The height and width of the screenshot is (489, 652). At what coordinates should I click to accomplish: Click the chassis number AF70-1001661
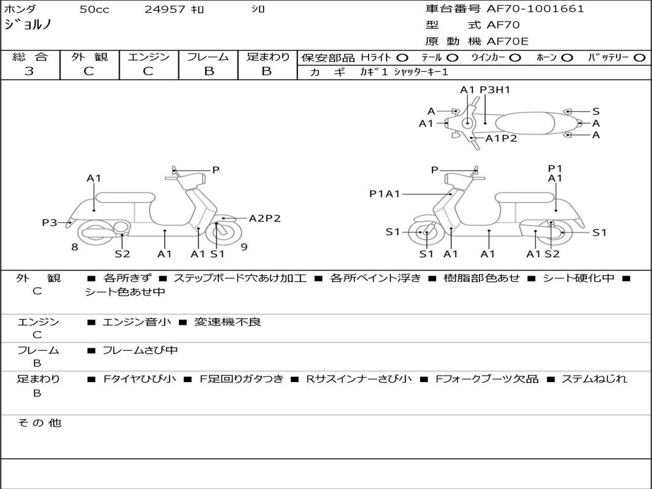535,9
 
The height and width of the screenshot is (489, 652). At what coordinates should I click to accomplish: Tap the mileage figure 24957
165,9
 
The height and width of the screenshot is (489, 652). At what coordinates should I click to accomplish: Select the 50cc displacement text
94,9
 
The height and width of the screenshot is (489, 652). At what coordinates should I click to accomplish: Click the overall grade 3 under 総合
29,71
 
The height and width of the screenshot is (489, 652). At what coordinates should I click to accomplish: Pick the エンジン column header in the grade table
148,57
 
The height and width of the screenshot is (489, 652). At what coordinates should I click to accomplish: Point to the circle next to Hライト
402,58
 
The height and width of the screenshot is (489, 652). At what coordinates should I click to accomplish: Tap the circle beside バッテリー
640,58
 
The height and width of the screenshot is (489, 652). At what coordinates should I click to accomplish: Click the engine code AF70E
507,41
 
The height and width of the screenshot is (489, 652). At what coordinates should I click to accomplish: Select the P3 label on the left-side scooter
49,222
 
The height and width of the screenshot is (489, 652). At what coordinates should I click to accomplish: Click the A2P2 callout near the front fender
264,218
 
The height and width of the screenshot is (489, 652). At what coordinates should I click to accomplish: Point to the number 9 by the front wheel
244,247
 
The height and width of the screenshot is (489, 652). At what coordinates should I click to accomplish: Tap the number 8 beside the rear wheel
74,247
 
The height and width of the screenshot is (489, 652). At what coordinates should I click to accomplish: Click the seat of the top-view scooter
525,124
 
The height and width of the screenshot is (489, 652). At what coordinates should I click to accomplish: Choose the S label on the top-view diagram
596,111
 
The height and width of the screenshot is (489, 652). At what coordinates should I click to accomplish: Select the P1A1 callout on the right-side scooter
385,194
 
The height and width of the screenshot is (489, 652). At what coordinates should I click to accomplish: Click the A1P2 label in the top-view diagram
501,138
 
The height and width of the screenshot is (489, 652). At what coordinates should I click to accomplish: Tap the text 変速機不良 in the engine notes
227,322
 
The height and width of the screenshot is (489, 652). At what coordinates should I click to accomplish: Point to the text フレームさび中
140,351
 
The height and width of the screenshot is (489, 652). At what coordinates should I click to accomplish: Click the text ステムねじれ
594,379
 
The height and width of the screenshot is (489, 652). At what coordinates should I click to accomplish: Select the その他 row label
39,423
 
